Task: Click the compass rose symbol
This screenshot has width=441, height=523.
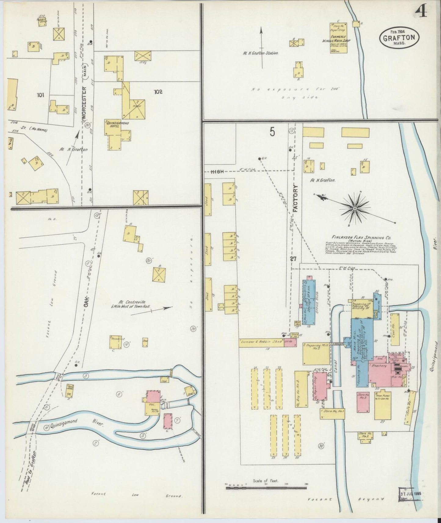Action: [x=355, y=208]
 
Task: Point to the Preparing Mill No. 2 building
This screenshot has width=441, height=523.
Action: [x=316, y=353]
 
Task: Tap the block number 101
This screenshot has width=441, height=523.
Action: [x=40, y=95]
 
